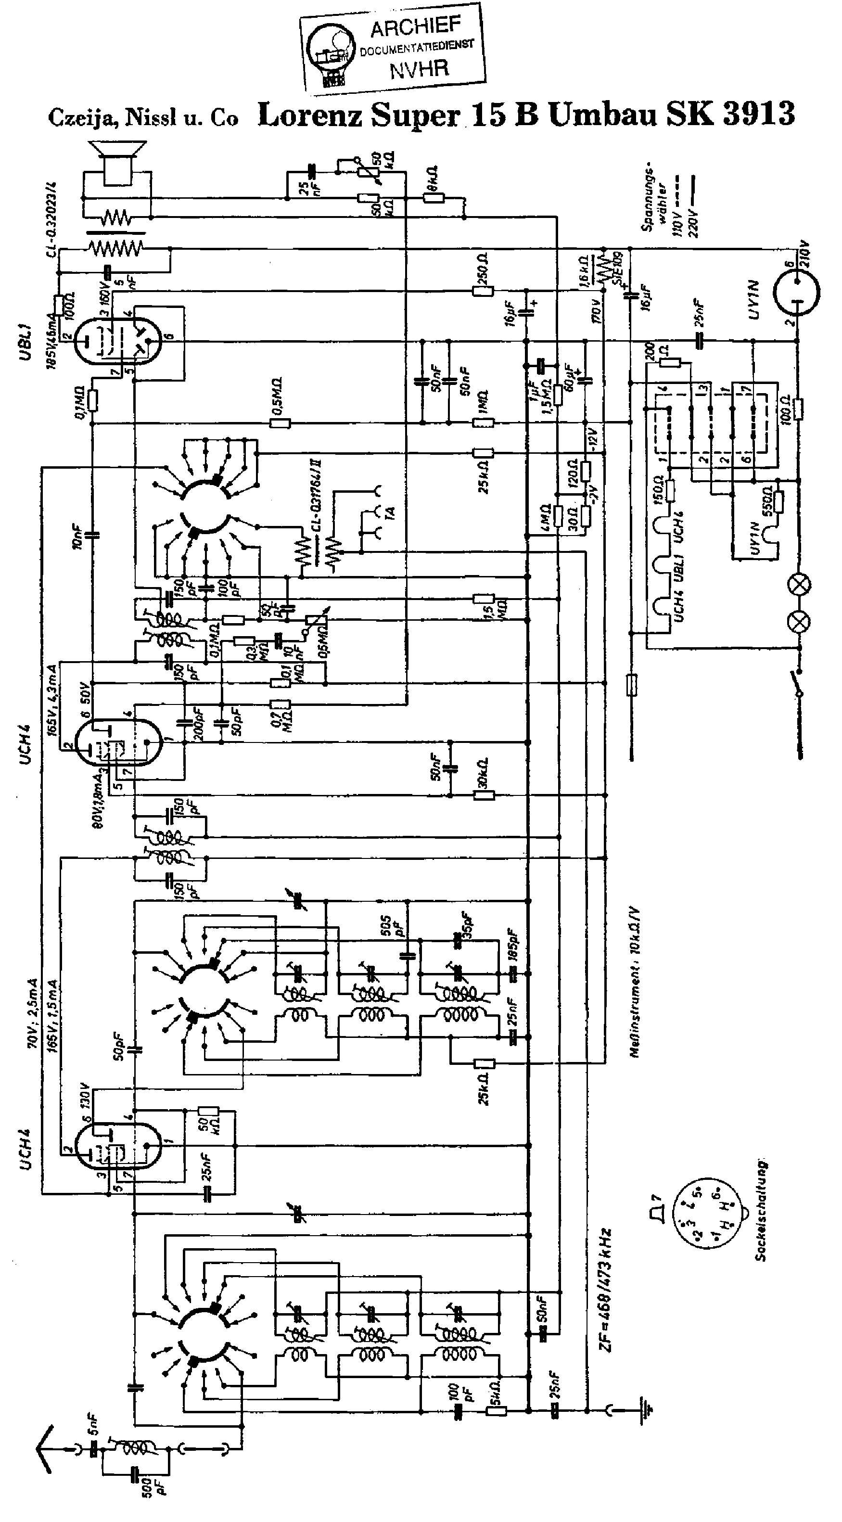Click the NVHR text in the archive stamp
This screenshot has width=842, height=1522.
[419, 70]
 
